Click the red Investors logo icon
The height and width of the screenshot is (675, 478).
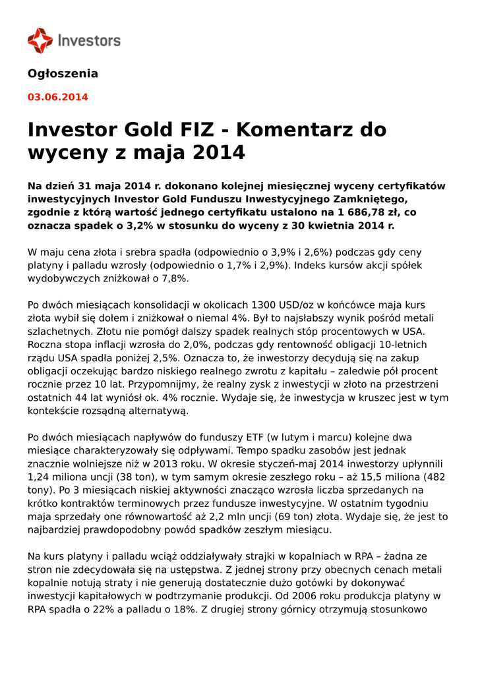[40, 40]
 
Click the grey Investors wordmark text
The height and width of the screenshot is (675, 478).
[89, 40]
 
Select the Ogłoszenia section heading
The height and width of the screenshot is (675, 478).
[63, 73]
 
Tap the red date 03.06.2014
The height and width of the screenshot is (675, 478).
[57, 97]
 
